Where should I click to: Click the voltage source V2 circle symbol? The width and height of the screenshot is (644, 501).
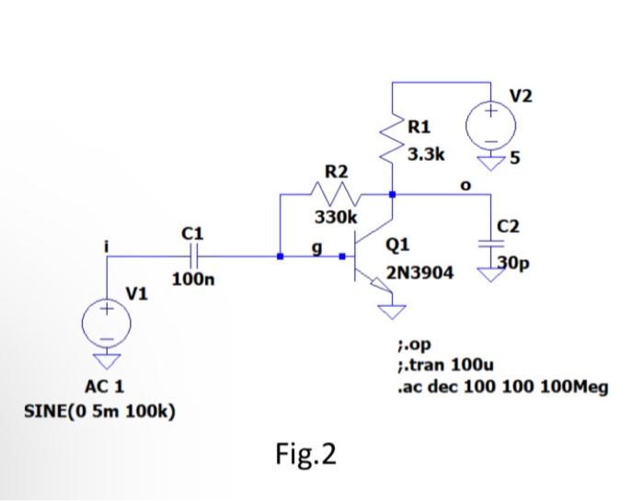(x=490, y=126)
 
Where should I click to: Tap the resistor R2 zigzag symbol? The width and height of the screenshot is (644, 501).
(x=335, y=195)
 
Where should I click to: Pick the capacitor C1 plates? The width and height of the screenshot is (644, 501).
(x=193, y=256)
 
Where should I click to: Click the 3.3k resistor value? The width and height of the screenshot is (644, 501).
(x=427, y=154)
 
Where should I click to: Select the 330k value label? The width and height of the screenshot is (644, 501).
(x=332, y=218)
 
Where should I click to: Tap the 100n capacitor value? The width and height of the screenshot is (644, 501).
(x=193, y=279)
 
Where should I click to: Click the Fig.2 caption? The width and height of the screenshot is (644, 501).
(x=305, y=453)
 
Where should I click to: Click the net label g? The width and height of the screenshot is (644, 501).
(x=318, y=245)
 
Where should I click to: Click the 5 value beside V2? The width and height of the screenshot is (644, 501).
(x=516, y=155)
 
